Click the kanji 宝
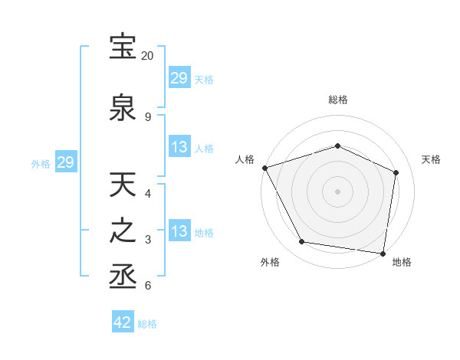123,47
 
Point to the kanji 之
123,231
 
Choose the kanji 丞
123,276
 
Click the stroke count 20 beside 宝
148,56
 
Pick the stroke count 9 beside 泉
147,116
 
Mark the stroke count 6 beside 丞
147,286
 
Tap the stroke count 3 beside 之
147,240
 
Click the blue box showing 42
122,322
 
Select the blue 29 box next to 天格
179,77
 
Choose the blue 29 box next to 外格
65,162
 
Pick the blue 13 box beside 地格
179,231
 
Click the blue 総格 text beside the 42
147,324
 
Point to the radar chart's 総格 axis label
337,100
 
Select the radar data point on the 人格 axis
264,168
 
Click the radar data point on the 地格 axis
383,253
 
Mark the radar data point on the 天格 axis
396,172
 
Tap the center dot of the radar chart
337,191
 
